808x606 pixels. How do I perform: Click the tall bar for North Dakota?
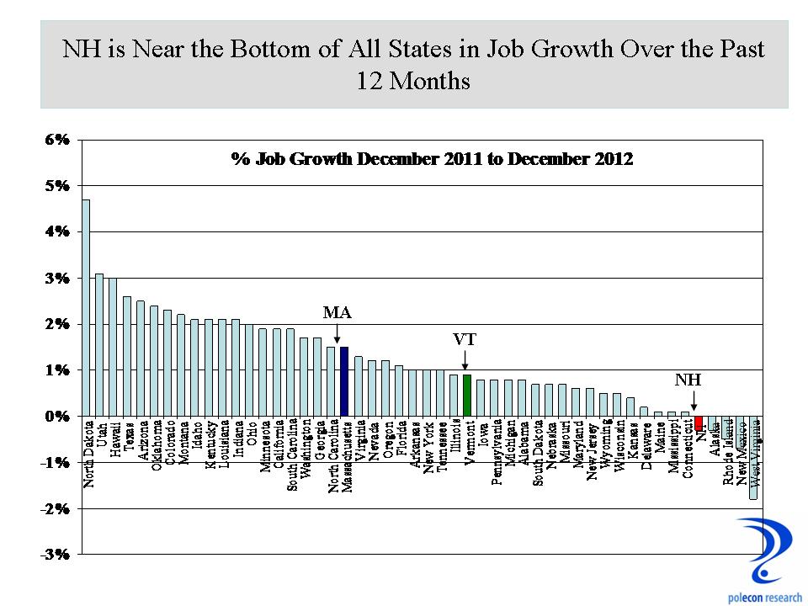point(86,308)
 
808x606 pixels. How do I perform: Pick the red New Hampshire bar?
point(698,422)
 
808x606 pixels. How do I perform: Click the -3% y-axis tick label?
point(56,555)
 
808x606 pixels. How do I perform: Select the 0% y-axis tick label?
point(56,417)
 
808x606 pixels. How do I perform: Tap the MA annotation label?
point(337,313)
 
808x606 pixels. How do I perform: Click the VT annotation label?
point(465,340)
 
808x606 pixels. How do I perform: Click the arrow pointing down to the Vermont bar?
point(465,360)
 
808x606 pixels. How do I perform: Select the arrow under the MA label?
point(337,334)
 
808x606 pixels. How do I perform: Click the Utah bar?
point(99,344)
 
